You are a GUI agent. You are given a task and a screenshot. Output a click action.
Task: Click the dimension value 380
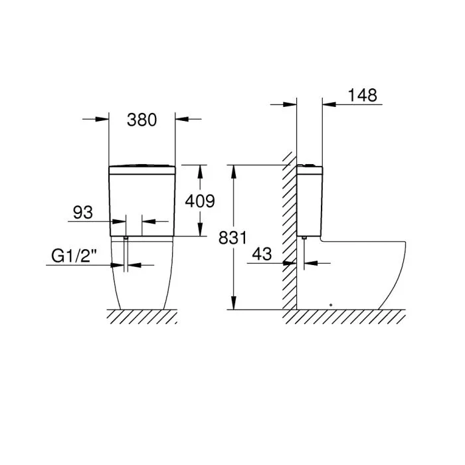click(x=141, y=120)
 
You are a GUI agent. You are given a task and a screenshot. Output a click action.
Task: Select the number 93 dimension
click(x=82, y=213)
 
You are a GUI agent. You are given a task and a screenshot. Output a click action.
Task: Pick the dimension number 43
click(x=263, y=253)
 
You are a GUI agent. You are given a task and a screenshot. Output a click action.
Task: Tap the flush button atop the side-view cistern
click(x=309, y=163)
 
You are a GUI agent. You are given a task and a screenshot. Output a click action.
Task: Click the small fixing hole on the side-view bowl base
click(x=330, y=306)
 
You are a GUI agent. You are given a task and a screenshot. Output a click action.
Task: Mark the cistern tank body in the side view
click(x=310, y=199)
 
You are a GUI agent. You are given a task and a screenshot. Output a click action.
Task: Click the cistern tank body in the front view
click(x=141, y=203)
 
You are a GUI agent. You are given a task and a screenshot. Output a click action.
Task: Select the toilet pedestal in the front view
click(x=141, y=276)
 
